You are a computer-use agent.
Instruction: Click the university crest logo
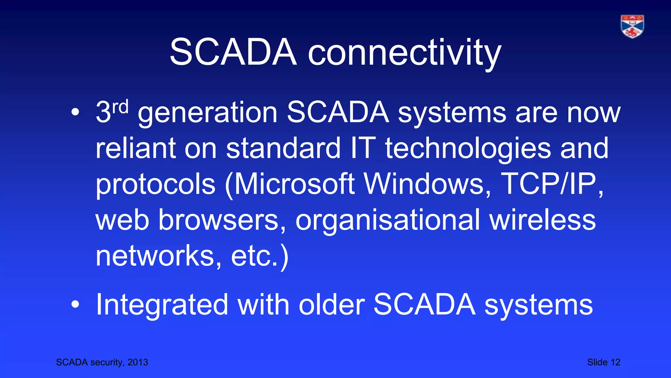click(632, 27)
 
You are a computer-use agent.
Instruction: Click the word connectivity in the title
click(404, 52)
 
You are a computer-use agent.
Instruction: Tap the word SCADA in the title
click(233, 52)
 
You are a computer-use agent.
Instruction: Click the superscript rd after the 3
click(120, 107)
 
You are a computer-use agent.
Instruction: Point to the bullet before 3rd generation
click(75, 113)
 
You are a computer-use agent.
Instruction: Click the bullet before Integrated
click(75, 304)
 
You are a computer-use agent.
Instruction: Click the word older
click(332, 304)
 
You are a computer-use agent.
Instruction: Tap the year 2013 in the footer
click(138, 362)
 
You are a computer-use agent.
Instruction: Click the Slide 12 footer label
click(604, 362)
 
